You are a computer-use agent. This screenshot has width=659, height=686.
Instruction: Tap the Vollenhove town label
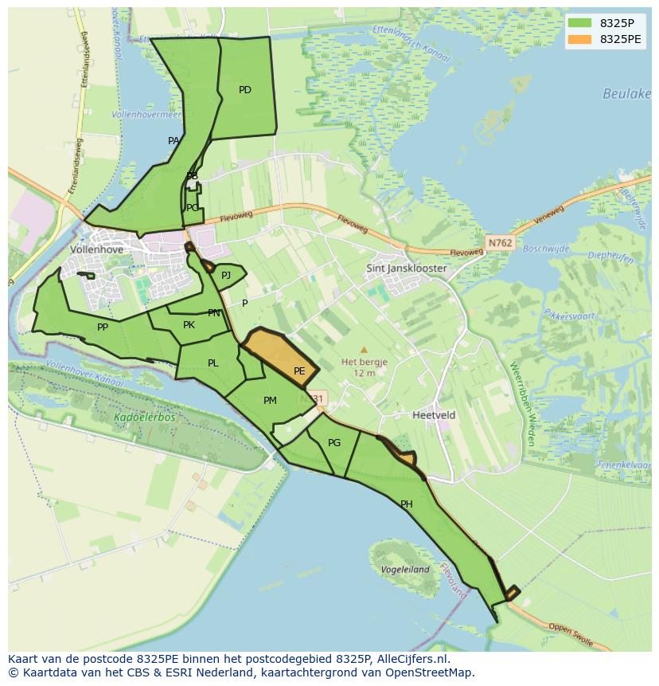97,249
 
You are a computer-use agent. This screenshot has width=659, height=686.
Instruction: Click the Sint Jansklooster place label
406,269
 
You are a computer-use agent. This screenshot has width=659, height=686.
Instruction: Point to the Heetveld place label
434,415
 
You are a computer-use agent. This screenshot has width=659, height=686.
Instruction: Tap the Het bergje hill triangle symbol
364,350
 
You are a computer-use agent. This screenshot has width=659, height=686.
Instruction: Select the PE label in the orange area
299,371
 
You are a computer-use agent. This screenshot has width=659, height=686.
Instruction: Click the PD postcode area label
245,90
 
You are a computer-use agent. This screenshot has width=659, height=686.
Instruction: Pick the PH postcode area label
407,504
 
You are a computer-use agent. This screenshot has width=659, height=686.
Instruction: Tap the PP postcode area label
103,327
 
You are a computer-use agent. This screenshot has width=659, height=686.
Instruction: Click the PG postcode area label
334,443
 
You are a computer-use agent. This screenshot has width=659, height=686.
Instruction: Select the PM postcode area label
270,401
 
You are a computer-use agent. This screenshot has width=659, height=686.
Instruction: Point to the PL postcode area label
213,363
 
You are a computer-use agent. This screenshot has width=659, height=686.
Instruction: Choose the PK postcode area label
189,325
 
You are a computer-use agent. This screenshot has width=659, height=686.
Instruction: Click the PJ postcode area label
226,276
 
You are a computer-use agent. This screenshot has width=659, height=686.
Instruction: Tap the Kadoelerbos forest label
144,417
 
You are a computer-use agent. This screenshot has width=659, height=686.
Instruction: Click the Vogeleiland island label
405,570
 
